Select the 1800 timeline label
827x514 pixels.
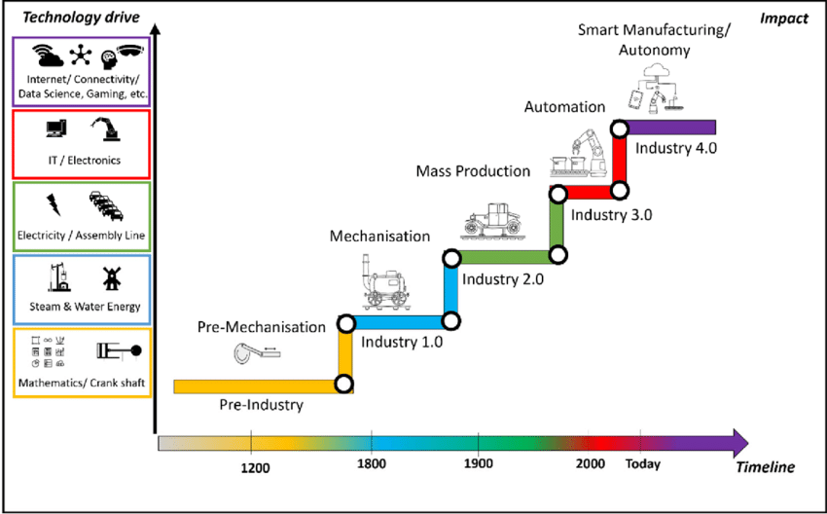point(372,464)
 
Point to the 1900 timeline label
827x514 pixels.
point(478,464)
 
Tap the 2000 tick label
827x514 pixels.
point(590,464)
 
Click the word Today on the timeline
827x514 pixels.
point(642,464)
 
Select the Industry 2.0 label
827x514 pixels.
point(502,278)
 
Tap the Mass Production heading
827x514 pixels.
point(473,171)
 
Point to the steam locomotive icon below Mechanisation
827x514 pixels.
point(384,283)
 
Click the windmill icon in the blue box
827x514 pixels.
point(110,277)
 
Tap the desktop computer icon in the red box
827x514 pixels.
point(55,128)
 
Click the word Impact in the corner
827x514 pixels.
point(785,18)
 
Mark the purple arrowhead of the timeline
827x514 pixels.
point(738,443)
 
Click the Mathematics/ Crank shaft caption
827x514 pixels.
point(82,383)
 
